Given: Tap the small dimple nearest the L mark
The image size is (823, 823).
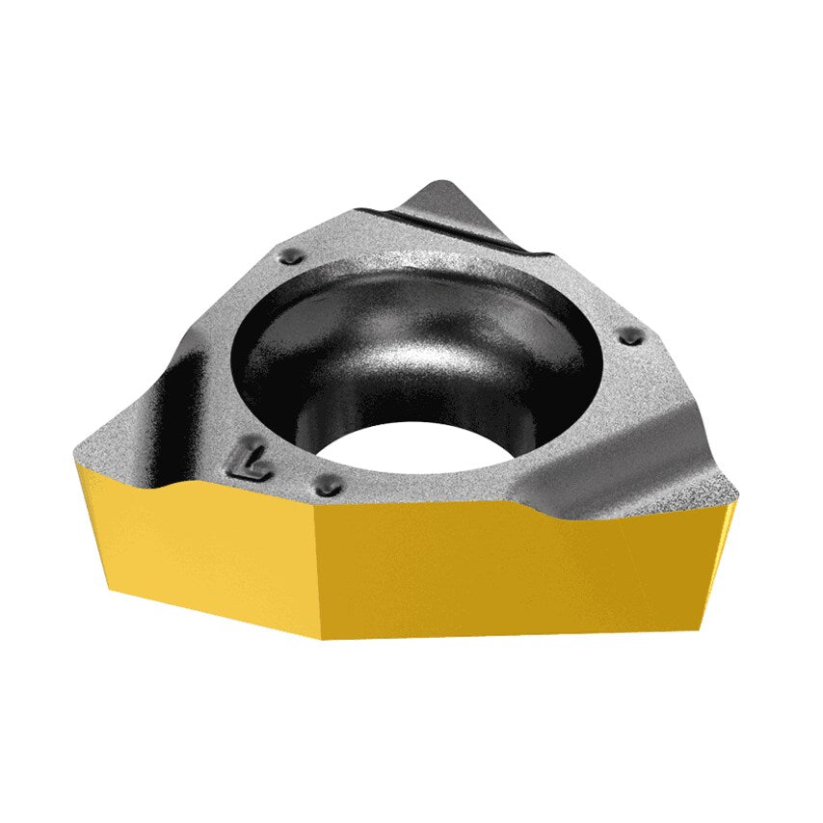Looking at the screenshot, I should point(329,485).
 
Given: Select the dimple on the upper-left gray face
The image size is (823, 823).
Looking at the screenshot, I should point(290,257).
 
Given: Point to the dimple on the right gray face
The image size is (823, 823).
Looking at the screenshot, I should point(632,336).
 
